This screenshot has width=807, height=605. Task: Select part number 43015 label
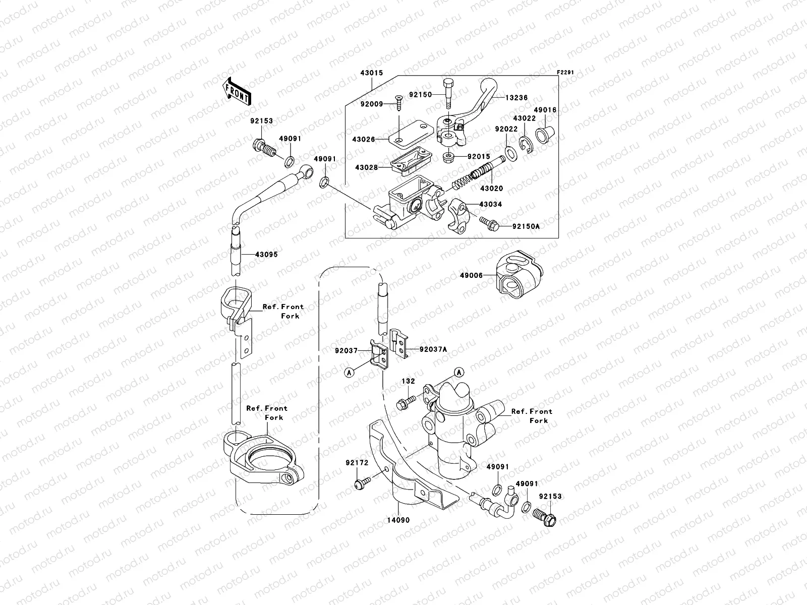[x=371, y=73]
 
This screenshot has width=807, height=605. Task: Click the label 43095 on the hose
[x=266, y=255]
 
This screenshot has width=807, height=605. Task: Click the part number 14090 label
[x=399, y=520]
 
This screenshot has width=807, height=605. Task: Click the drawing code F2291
[x=565, y=73]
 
